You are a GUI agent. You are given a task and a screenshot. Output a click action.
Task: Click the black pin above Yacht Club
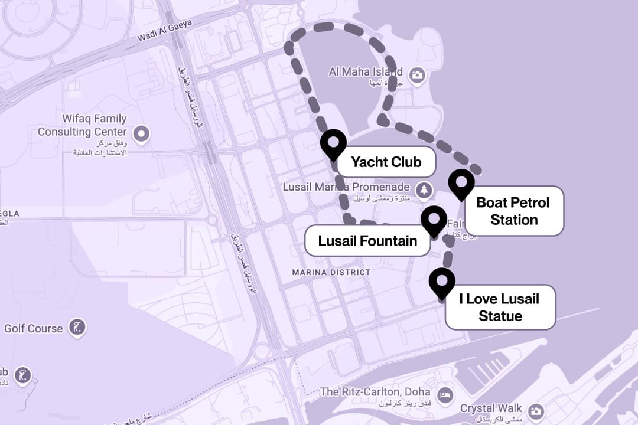tap(333, 143)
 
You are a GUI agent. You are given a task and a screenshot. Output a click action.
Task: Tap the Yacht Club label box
tap(386, 162)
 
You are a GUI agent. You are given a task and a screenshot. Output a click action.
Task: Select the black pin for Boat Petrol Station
tap(461, 183)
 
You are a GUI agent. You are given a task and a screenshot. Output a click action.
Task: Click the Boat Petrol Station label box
tap(514, 211)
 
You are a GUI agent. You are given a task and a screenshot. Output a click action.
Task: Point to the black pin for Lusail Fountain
tap(434, 220)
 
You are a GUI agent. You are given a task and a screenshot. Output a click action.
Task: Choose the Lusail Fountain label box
tap(367, 241)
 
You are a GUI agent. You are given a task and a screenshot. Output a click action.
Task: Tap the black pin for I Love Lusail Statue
tap(442, 282)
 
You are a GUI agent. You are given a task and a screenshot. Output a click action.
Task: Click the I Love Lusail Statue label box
tap(500, 307)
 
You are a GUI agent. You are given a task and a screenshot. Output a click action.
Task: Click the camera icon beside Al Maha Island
tap(418, 75)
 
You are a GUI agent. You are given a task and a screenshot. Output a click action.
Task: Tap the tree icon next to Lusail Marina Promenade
tap(424, 189)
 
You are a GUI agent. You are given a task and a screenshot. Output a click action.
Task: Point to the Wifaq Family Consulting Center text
tap(82, 125)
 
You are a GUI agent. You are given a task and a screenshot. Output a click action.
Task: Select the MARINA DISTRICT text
tap(331, 272)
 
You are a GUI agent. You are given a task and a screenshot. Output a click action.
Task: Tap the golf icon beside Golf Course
tap(77, 326)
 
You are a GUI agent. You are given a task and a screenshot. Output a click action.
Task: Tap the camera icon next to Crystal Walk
tap(536, 411)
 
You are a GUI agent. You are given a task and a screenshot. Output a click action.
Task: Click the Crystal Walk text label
tap(491, 408)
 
